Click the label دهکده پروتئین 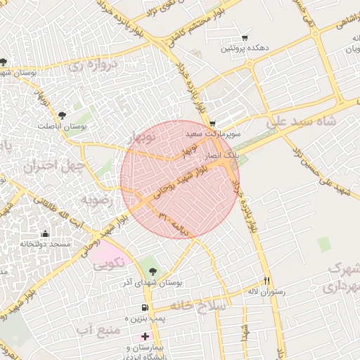pyautogui.click(x=244, y=49)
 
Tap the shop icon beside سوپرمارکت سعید pyautogui.click(x=212, y=123)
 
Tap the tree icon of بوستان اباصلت pyautogui.click(x=63, y=115)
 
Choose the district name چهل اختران pyautogui.click(x=53, y=167)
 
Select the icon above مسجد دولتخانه pyautogui.click(x=46, y=233)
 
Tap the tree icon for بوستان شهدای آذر pyautogui.click(x=153, y=271)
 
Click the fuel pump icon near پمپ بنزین pyautogui.click(x=145, y=307)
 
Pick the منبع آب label pyautogui.click(x=96, y=329)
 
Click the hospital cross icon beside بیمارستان pyautogui.click(x=145, y=337)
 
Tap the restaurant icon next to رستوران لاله pyautogui.click(x=266, y=280)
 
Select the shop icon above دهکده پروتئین pyautogui.click(x=244, y=37)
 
